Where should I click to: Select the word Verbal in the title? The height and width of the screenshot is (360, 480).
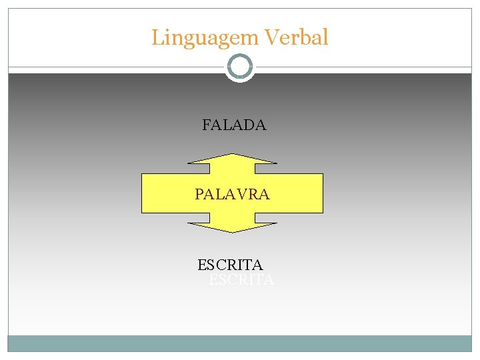click(297, 37)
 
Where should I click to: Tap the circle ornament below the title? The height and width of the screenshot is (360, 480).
click(240, 67)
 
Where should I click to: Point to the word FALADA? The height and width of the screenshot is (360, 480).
click(234, 125)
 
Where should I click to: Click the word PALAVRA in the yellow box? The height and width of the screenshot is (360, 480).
click(232, 194)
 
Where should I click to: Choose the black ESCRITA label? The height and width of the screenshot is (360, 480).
click(230, 265)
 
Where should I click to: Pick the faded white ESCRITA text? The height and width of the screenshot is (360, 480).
click(241, 280)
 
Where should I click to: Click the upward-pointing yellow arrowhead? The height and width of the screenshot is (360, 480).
click(232, 160)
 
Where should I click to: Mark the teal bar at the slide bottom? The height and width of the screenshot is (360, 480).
click(240, 343)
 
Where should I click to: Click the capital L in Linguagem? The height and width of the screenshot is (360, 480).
click(157, 37)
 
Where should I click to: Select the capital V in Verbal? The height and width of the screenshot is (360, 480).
click(272, 37)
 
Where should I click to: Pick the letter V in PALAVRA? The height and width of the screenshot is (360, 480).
click(241, 194)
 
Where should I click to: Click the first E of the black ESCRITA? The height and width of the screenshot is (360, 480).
click(202, 265)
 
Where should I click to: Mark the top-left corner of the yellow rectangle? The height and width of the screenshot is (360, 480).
click(142, 174)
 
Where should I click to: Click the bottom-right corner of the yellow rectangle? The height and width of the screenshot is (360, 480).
click(323, 212)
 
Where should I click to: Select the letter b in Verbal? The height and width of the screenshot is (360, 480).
click(306, 37)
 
